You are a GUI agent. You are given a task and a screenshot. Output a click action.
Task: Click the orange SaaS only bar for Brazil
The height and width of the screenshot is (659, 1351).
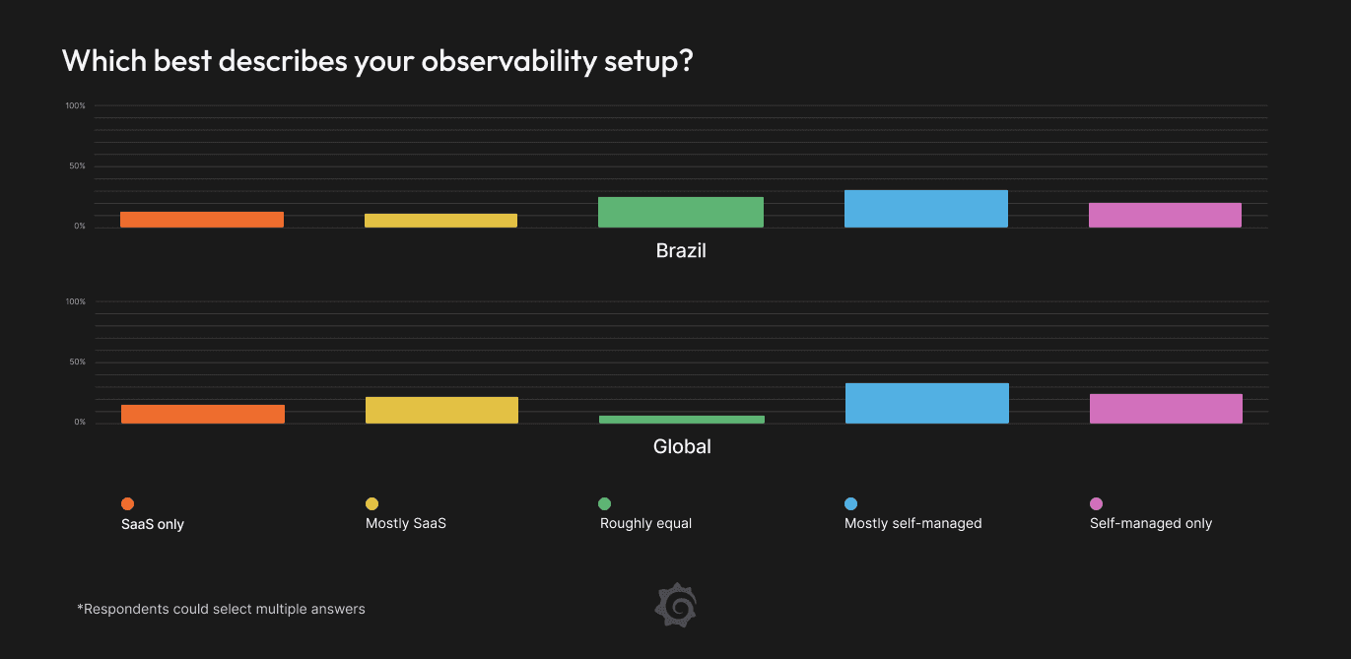[x=202, y=220]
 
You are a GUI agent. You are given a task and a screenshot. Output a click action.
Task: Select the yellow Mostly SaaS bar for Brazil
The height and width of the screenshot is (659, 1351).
[x=440, y=221]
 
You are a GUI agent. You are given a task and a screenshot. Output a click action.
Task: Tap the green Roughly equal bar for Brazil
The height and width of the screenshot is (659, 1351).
[x=680, y=212]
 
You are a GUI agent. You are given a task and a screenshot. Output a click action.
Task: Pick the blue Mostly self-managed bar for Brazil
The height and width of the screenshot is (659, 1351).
[x=926, y=209]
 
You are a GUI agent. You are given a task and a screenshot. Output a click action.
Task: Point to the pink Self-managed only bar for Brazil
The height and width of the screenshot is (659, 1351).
[x=1165, y=215]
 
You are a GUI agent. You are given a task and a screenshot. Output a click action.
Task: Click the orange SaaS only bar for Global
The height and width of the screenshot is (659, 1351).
[x=203, y=414]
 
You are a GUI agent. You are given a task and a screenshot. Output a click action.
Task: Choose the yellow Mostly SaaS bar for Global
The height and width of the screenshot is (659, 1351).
[x=441, y=410]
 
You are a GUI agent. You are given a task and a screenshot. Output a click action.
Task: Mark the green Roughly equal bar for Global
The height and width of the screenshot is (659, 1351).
[x=681, y=420]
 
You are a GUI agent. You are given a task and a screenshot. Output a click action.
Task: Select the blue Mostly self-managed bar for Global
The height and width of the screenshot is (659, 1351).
[x=927, y=403]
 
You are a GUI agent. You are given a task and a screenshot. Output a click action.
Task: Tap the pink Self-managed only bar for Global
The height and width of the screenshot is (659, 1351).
[x=1166, y=409]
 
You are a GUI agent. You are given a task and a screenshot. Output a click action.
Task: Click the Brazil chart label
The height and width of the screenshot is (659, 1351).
[x=681, y=251]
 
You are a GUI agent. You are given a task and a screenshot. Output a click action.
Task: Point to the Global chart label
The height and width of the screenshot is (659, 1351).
[x=682, y=447]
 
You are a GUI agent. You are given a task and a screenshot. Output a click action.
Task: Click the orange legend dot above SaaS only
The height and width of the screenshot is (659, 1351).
[x=127, y=504]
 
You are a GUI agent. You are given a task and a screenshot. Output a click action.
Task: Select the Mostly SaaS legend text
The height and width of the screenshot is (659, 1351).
[x=406, y=523]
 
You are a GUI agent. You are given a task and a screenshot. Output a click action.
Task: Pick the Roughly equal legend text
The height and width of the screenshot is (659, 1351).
[x=645, y=523]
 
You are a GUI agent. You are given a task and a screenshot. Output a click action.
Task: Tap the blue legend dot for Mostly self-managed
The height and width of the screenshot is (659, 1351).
[x=850, y=504]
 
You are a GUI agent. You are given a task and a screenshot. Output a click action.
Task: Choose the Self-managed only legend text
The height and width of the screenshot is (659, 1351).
[x=1151, y=523]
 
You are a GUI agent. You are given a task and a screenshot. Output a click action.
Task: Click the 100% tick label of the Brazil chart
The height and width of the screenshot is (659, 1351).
[x=76, y=105]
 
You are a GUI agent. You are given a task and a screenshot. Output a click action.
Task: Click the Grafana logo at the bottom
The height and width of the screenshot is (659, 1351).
[x=676, y=605]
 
